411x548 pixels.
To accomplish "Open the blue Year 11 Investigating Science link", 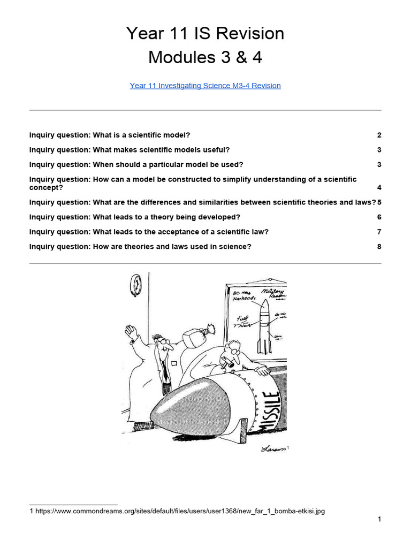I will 205,86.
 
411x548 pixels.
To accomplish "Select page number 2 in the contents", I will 379,135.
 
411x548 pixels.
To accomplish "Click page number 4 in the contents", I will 379,187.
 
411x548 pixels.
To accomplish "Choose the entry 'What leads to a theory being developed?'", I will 135,217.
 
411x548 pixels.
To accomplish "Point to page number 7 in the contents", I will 379,232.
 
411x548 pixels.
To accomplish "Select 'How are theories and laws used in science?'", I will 140,247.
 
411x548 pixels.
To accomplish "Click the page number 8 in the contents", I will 379,247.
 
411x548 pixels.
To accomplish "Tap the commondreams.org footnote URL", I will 180,511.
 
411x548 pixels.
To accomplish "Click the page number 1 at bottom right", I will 379,519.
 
